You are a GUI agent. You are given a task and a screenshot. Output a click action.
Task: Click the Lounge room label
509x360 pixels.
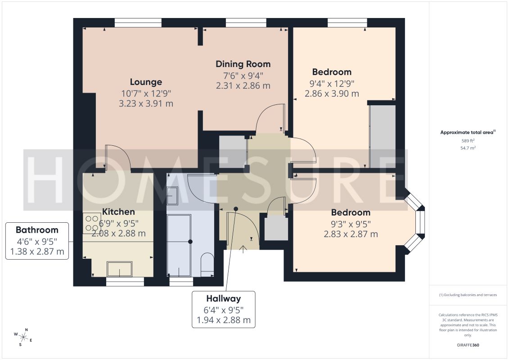[146, 82]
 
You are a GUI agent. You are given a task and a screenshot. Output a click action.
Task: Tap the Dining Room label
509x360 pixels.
[243, 64]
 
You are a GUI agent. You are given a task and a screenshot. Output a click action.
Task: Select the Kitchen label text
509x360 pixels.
[118, 212]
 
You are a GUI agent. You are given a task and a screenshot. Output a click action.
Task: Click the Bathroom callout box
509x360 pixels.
[37, 241]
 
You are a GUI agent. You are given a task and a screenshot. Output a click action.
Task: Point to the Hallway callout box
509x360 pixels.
[224, 309]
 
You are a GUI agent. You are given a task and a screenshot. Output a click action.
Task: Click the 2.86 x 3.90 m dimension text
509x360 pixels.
[332, 94]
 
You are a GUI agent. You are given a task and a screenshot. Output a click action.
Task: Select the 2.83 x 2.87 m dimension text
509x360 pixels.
[351, 234]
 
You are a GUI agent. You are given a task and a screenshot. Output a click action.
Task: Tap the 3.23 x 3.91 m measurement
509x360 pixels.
[146, 104]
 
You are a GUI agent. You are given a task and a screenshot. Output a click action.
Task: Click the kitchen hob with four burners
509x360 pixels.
[91, 223]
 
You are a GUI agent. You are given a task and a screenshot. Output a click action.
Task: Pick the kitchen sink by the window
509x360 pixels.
[120, 269]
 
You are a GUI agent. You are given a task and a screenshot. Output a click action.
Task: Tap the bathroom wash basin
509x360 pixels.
[172, 196]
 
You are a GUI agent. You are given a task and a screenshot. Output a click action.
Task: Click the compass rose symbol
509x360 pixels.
[23, 337]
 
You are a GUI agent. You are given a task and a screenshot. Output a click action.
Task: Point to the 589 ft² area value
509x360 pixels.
[468, 140]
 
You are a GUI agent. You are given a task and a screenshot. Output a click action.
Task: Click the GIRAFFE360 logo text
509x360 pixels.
[468, 345]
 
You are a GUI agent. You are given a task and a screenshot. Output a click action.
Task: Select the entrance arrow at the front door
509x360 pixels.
[243, 249]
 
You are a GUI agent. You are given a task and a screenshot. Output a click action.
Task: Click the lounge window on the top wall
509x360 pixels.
[138, 22]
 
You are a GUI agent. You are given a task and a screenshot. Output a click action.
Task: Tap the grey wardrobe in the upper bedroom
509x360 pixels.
[383, 136]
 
